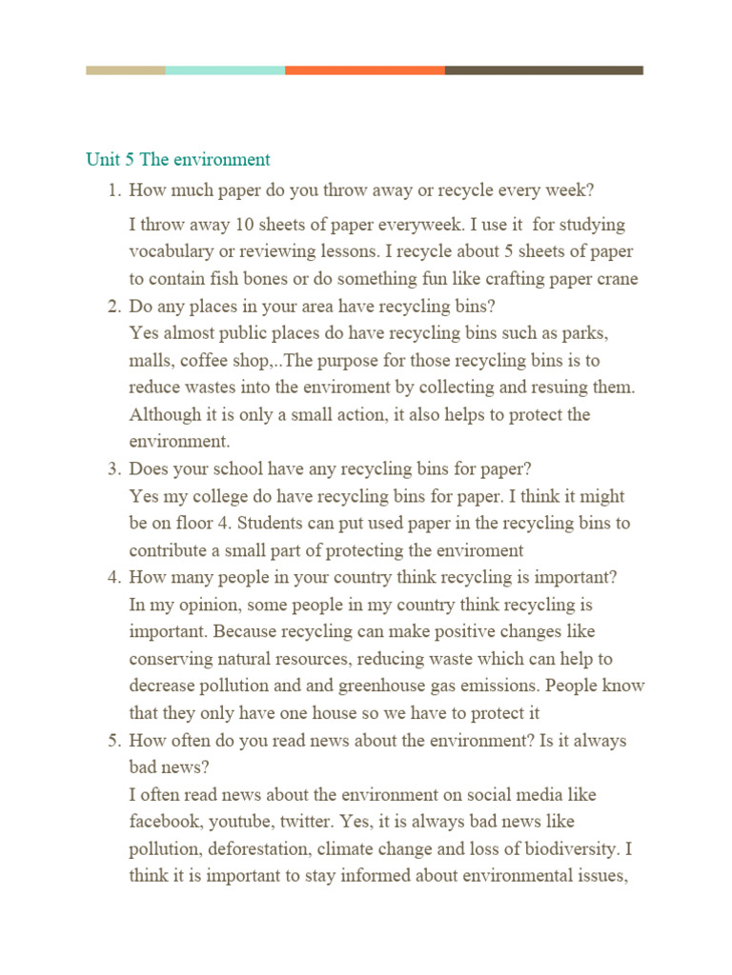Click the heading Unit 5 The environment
(178, 160)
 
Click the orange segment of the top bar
(364, 70)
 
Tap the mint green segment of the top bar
(225, 70)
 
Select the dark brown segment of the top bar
(543, 70)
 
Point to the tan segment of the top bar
(125, 70)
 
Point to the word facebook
(164, 821)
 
